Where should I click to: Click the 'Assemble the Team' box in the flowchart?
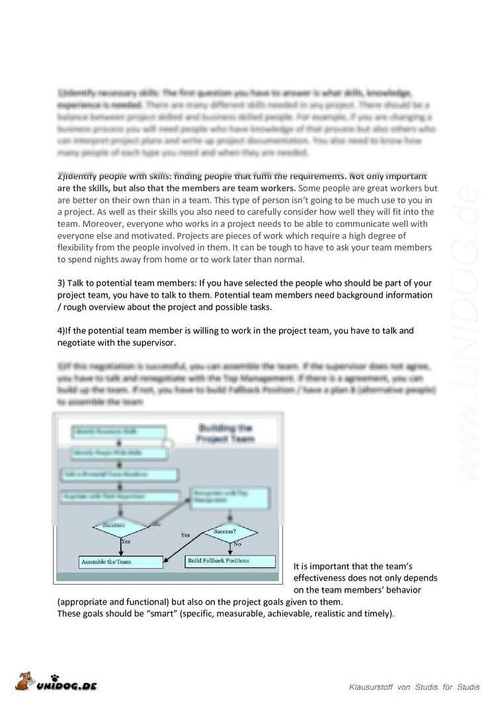click(x=120, y=562)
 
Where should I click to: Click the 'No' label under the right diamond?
click(x=237, y=544)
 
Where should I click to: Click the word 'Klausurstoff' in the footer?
click(x=372, y=688)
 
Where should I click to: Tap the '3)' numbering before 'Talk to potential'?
click(x=62, y=283)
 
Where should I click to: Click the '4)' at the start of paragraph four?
click(x=62, y=331)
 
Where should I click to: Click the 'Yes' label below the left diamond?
click(x=126, y=541)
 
